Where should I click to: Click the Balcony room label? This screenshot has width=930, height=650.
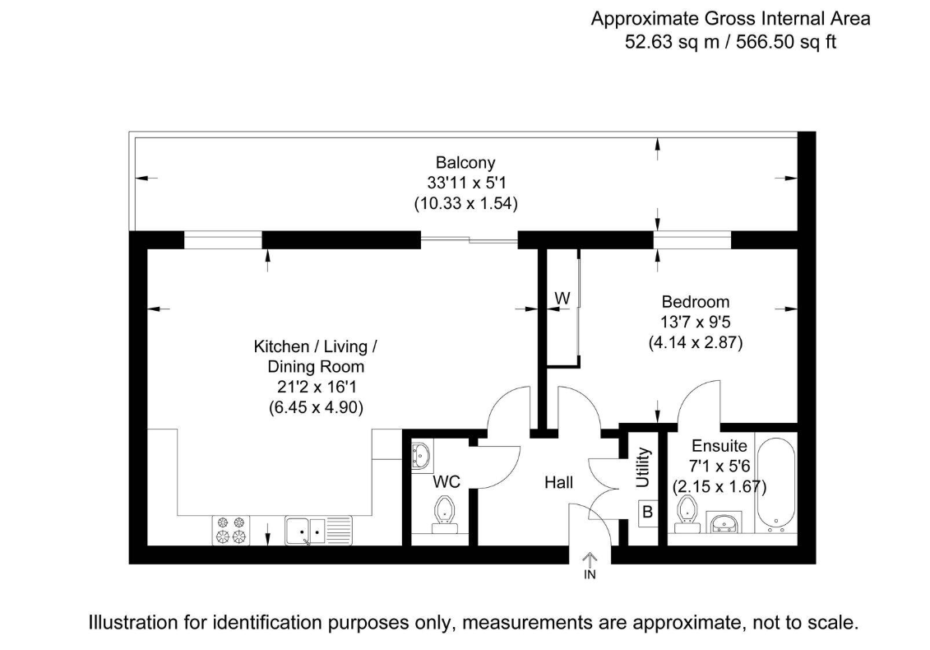tap(465, 163)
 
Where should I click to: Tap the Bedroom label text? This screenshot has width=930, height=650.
tap(695, 302)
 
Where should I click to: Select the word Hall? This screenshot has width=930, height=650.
tap(558, 483)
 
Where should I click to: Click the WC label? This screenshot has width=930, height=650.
tap(446, 481)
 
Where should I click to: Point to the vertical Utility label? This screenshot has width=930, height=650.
tap(643, 468)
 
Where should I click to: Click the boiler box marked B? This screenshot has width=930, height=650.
tap(648, 513)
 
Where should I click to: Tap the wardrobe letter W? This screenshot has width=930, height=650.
tap(562, 297)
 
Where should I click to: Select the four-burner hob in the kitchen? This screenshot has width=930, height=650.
tap(231, 530)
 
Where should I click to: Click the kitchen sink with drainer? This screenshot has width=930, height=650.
tap(318, 530)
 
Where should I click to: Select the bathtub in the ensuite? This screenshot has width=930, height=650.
tap(775, 485)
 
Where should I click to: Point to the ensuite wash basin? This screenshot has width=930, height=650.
tap(724, 522)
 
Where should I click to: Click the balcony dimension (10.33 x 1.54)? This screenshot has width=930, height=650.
tap(465, 203)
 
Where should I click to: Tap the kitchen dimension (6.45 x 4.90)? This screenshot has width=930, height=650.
tap(316, 407)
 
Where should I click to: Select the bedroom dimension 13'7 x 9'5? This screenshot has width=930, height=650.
tap(695, 322)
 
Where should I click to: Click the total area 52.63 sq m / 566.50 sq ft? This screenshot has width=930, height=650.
tap(730, 42)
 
